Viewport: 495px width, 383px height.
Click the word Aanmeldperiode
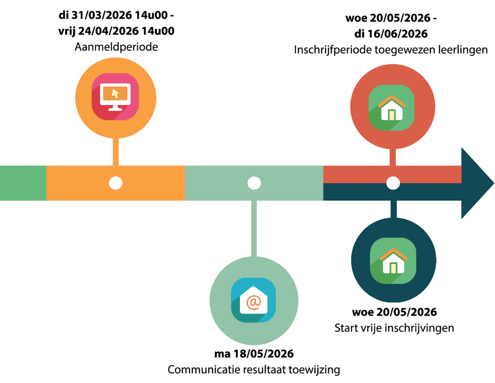116,47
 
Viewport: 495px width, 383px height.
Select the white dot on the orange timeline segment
115,183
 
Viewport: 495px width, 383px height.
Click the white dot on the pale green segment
254,183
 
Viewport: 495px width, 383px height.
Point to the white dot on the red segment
393,183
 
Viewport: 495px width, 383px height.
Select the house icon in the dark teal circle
393,260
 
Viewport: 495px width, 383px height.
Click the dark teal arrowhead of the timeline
477,183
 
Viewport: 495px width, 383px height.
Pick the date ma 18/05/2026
254,354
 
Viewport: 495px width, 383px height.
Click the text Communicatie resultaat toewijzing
254,370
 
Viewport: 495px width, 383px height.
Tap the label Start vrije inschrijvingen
394,328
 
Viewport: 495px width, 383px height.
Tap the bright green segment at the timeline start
23,183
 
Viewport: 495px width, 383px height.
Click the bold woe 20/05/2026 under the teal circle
394,313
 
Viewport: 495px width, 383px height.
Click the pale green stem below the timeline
254,227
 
